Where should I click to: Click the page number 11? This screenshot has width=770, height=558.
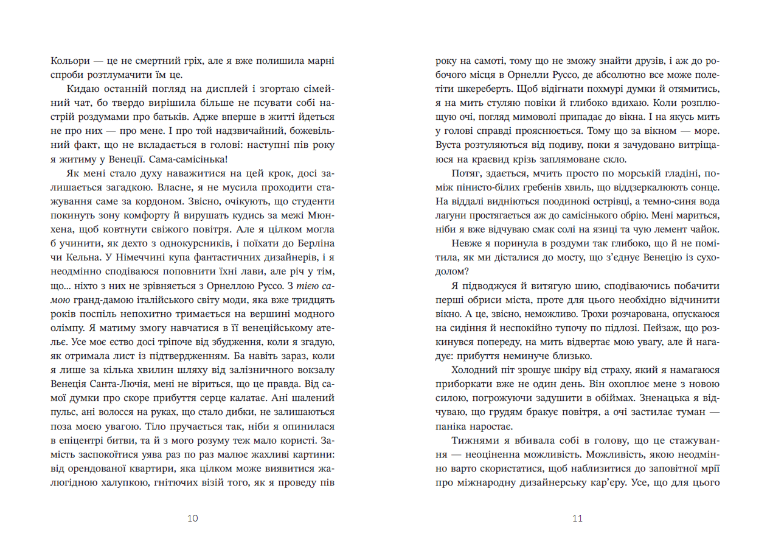click(x=577, y=518)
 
